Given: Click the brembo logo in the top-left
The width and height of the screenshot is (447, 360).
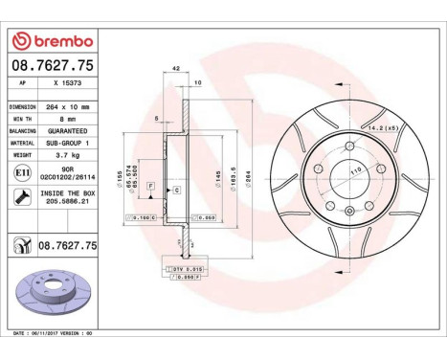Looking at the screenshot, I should (50, 41).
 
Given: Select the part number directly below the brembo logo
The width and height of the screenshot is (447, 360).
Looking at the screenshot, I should (51, 65).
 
